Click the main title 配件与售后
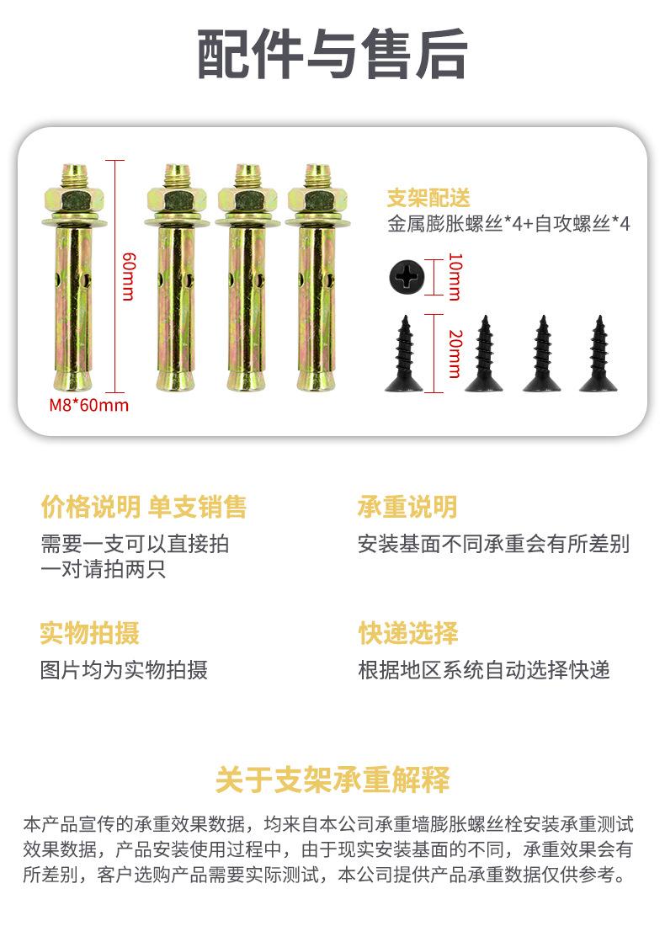332,54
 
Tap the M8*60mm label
89,405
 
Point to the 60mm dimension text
129,276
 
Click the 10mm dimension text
455,276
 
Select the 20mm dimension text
455,354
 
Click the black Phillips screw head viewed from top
407,277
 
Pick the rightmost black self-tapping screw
598,354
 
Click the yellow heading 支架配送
428,198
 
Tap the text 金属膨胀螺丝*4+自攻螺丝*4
508,224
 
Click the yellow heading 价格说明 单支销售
144,507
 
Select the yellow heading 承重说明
407,507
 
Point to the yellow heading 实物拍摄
89,633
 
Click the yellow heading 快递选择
408,633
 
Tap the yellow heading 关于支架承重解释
332,780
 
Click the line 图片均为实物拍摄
124,670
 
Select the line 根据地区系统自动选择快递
484,670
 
